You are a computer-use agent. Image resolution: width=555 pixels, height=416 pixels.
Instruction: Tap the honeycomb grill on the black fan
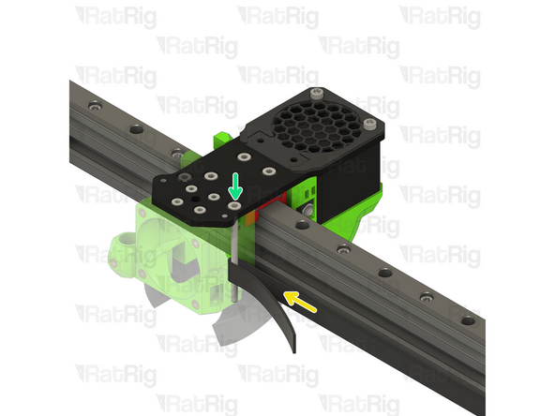coord(318,126)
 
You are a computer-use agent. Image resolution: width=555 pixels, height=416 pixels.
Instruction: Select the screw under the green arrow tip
coord(235,201)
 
